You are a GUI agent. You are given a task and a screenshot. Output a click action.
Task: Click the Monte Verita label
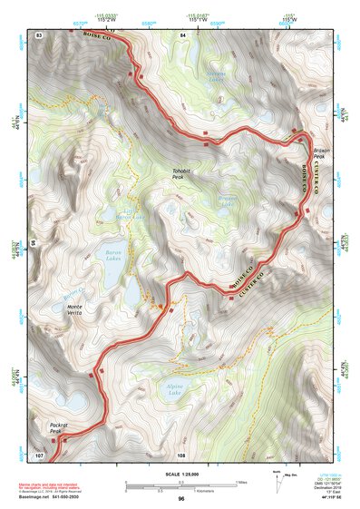pyautogui.click(x=80, y=309)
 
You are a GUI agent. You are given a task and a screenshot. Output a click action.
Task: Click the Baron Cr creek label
pyautogui.click(x=73, y=292)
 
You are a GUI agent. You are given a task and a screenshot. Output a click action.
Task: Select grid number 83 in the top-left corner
pyautogui.click(x=38, y=34)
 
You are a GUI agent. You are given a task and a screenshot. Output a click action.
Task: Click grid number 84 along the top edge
pyautogui.click(x=183, y=34)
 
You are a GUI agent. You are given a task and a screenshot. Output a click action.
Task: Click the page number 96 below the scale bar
pyautogui.click(x=180, y=499)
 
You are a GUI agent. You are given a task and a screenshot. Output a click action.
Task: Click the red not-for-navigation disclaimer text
pyautogui.click(x=54, y=485)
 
